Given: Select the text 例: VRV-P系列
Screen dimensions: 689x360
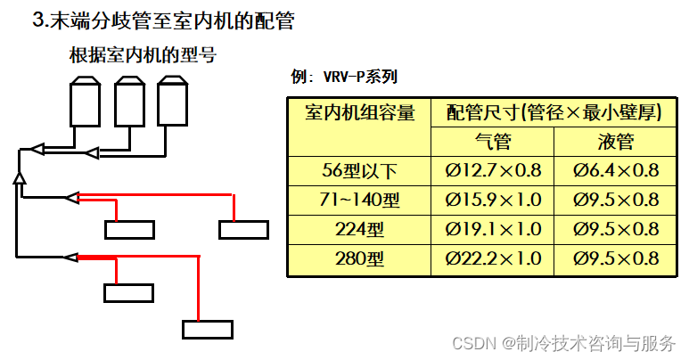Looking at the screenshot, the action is pyautogui.click(x=344, y=78).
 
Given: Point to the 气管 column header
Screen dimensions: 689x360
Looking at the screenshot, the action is pyautogui.click(x=492, y=142).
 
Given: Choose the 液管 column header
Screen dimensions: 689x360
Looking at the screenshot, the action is pyautogui.click(x=615, y=142).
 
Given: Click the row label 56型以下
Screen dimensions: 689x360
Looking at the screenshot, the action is pyautogui.click(x=359, y=170).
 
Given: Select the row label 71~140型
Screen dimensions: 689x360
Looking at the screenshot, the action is pyautogui.click(x=359, y=200).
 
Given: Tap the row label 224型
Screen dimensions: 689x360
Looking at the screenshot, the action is pyautogui.click(x=359, y=229).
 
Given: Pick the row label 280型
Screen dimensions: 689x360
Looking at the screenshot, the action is pyautogui.click(x=359, y=259).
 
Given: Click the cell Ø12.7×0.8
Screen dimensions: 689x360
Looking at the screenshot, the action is pyautogui.click(x=492, y=170).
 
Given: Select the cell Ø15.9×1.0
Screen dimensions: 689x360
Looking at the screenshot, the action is pyautogui.click(x=492, y=200).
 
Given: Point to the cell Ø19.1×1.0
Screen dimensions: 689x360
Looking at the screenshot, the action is pyautogui.click(x=492, y=229).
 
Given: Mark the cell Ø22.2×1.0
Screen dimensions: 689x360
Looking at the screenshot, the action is pyautogui.click(x=492, y=259).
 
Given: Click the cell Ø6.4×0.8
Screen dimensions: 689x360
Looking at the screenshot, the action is pyautogui.click(x=615, y=170).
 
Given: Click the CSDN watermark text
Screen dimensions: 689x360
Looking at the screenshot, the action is pyautogui.click(x=562, y=343).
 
